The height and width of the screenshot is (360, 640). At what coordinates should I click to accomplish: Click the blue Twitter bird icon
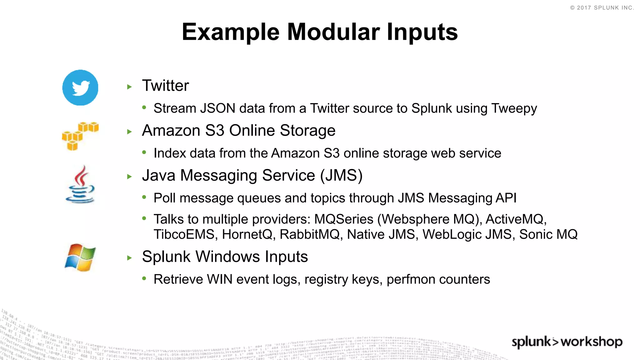80,87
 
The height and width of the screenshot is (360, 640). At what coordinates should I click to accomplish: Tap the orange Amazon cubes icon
80,136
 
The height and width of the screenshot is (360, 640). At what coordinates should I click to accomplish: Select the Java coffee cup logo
80,185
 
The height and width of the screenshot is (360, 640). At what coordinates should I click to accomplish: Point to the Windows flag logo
80,257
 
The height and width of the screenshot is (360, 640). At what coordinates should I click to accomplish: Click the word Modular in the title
333,32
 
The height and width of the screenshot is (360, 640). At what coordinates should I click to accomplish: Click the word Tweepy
514,109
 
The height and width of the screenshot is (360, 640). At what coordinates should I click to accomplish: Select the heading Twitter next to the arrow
165,86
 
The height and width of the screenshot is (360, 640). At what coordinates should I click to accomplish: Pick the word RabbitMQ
309,234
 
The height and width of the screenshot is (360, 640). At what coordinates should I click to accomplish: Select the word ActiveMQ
516,219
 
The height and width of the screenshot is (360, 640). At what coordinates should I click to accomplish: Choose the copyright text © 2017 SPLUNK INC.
602,8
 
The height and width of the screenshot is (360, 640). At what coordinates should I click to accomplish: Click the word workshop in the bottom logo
592,342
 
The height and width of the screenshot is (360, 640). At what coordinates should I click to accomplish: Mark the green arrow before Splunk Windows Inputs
130,258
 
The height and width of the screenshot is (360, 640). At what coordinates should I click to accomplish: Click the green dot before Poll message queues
144,197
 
